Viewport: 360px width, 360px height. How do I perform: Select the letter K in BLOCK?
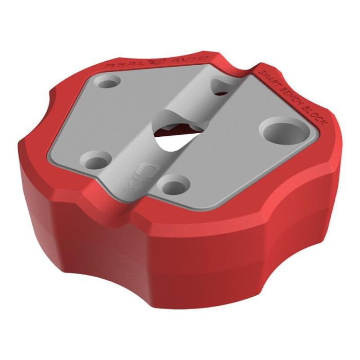(x=323, y=125)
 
